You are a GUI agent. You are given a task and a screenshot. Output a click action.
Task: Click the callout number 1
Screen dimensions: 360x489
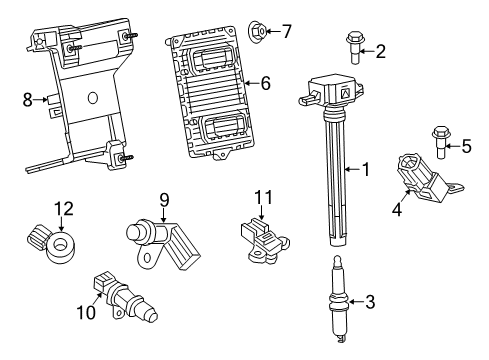coord(366,171)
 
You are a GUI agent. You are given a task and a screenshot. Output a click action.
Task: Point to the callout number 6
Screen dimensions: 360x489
coord(266,83)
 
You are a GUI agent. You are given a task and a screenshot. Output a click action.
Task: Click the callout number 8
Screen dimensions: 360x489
coord(28,99)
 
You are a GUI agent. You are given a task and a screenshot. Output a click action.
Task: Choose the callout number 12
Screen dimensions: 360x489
coord(63,208)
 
